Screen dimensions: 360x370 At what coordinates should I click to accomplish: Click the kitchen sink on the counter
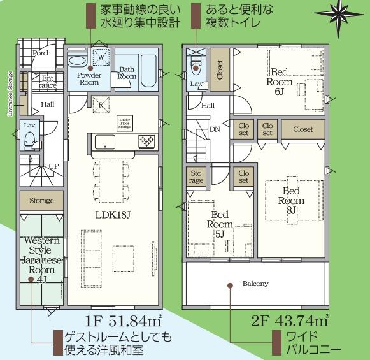(104, 141)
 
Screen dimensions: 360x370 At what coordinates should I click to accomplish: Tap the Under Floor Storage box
(125, 122)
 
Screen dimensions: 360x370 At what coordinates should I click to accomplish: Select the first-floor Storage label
(41, 201)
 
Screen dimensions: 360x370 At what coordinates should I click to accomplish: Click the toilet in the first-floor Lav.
(28, 141)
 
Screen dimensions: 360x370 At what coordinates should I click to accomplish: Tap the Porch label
(41, 54)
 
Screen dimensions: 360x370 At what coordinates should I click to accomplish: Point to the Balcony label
(255, 284)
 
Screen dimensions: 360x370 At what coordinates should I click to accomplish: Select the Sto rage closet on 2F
(196, 176)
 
